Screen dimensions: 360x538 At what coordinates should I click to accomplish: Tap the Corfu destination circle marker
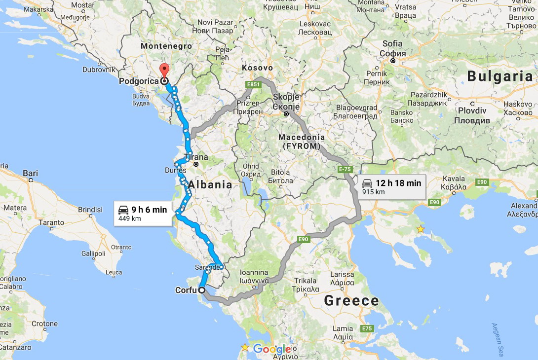[x=201, y=290]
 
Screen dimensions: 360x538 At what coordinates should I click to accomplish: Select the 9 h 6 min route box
[x=143, y=213]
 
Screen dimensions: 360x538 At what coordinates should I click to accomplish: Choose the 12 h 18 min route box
[x=392, y=186]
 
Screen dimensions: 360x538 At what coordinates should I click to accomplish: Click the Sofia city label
[x=393, y=48]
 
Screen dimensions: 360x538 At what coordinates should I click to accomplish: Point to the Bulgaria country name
[x=500, y=76]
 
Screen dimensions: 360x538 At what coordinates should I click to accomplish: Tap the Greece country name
[x=351, y=300]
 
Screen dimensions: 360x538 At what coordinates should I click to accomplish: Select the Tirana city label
[x=196, y=158]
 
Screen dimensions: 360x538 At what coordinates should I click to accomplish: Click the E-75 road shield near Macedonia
[x=345, y=169]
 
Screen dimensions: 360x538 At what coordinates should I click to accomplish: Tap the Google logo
[x=272, y=350]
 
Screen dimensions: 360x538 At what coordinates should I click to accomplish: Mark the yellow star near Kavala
[x=421, y=229]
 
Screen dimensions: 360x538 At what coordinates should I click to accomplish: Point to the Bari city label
[x=30, y=173]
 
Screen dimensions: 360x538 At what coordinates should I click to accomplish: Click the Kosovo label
[x=257, y=68]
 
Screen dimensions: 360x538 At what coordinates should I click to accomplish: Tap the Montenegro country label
[x=166, y=46]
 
